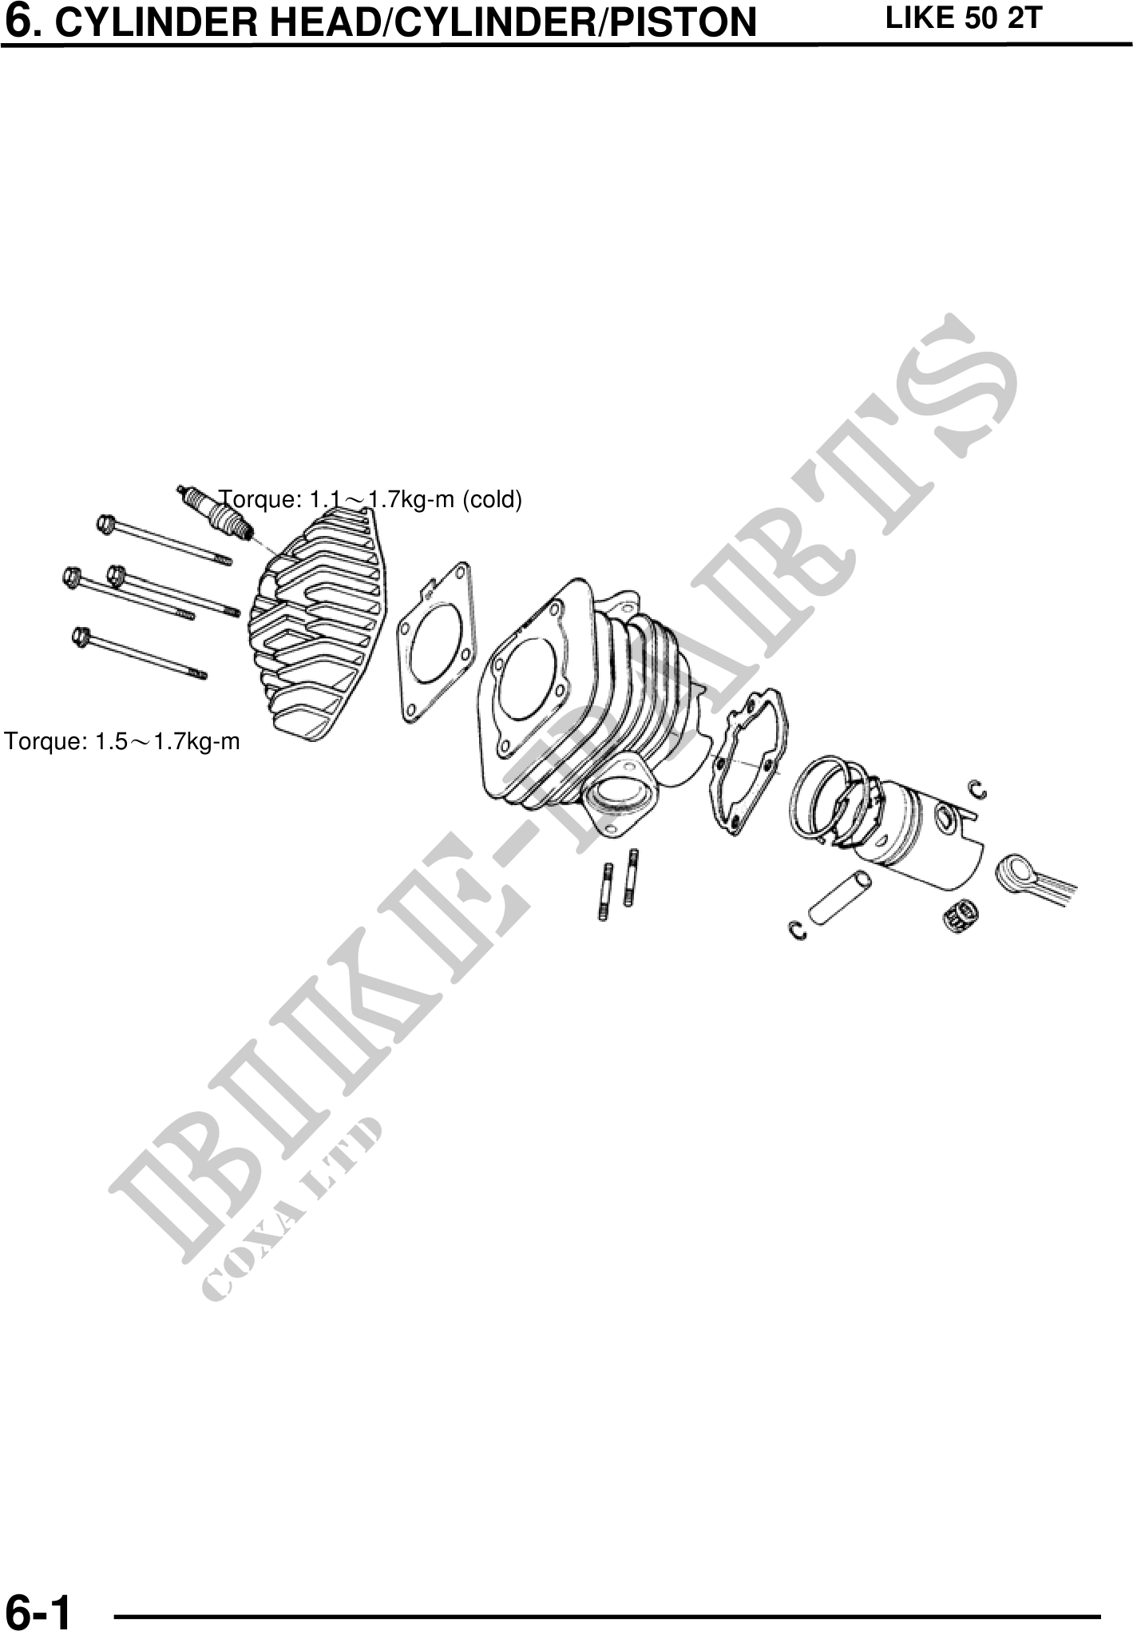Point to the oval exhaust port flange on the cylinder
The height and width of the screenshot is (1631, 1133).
pos(619,796)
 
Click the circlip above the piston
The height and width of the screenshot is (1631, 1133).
pos(978,789)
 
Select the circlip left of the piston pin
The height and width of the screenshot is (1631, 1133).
pos(797,930)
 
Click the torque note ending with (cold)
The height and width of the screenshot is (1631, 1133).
pos(371,500)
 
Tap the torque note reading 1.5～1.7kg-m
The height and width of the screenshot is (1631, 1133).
pos(122,742)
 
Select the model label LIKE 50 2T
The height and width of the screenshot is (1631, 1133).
pos(963,18)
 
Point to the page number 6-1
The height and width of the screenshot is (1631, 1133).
pos(38,1610)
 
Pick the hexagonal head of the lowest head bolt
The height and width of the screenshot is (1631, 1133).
pos(80,637)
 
